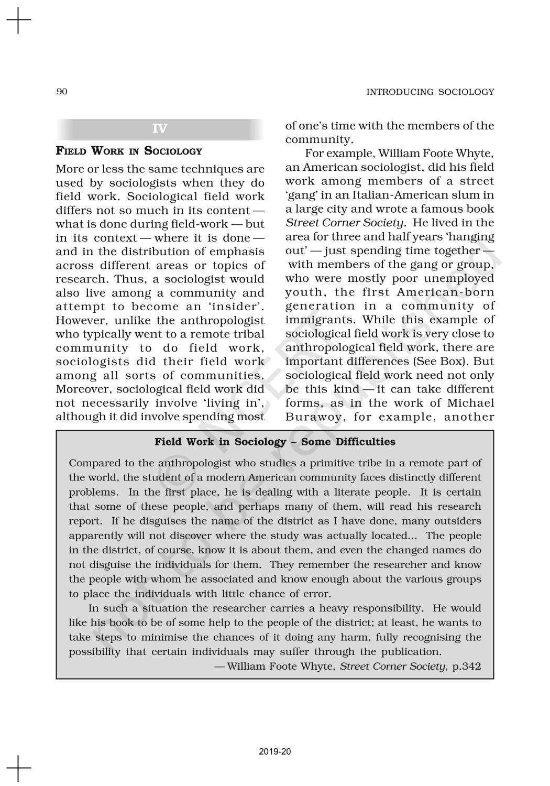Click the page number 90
tap(62, 92)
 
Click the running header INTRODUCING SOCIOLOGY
tap(430, 92)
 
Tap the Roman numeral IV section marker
tap(160, 129)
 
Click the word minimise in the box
tap(165, 638)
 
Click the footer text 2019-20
tap(275, 751)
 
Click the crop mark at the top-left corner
tap(18, 20)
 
